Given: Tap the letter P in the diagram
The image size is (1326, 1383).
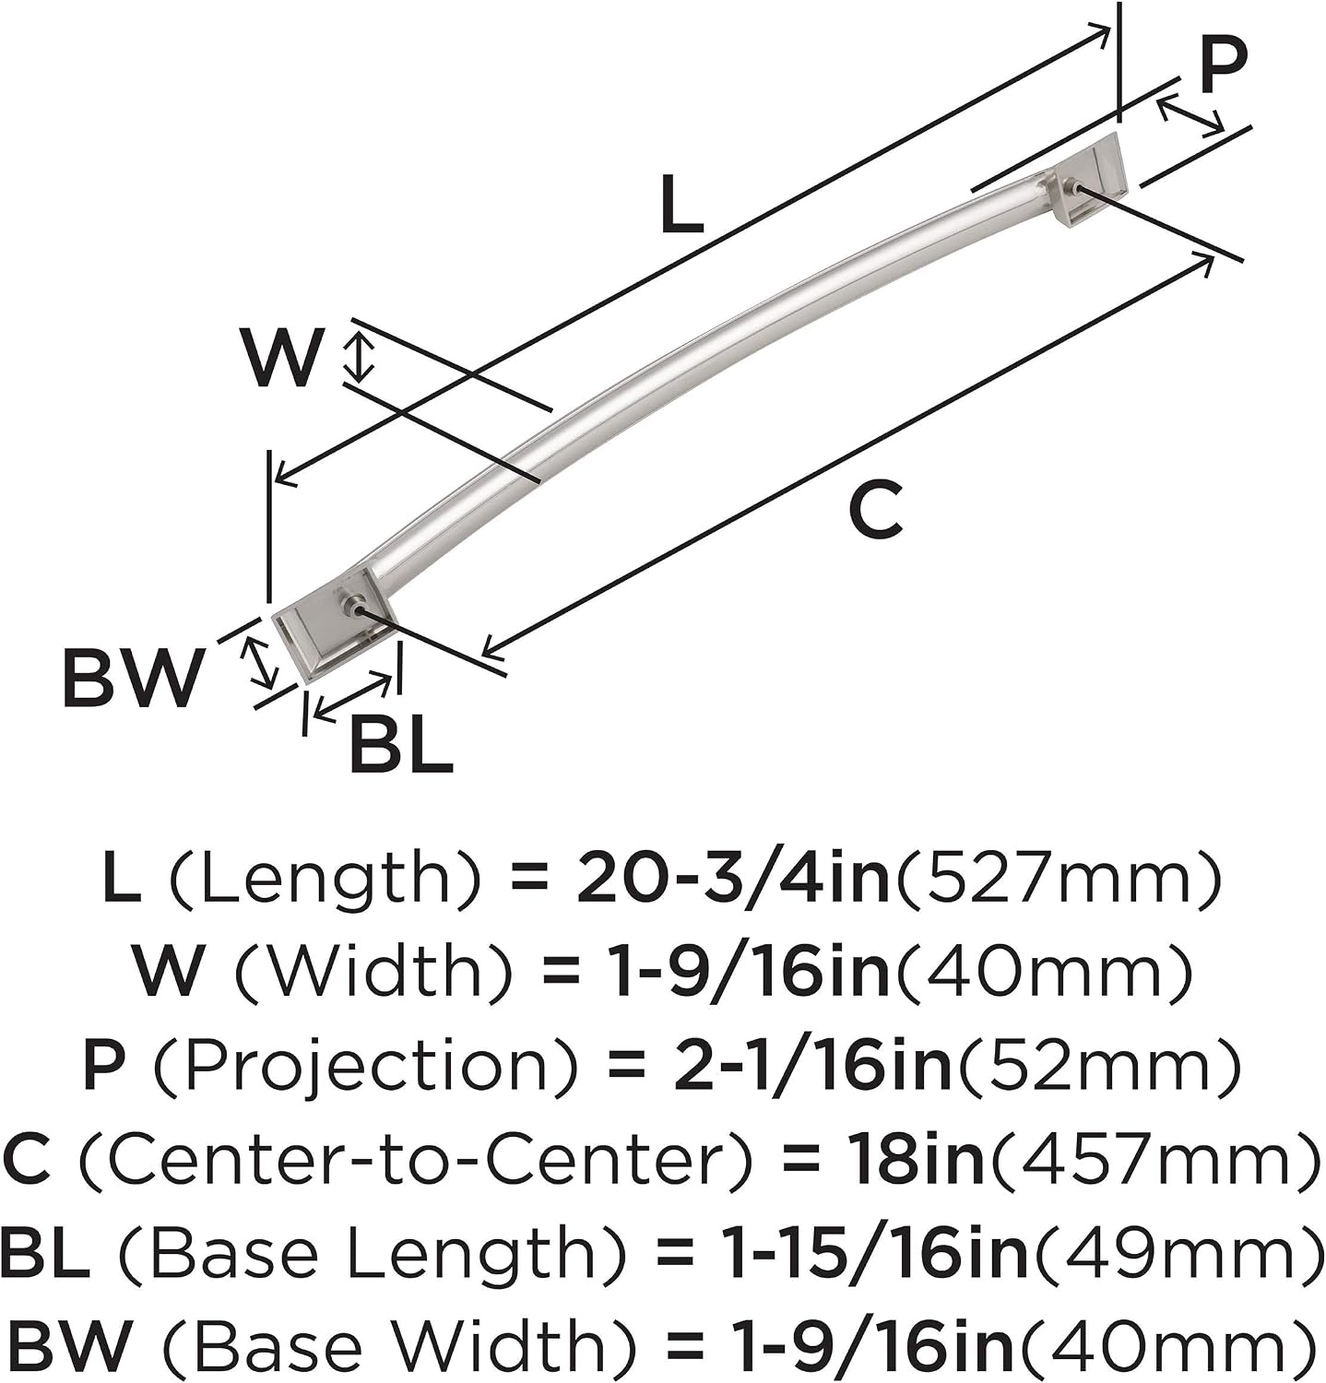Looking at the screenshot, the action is point(1223,65).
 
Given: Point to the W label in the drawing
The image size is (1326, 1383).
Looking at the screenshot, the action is point(282,356).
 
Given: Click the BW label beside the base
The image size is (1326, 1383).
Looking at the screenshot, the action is point(132,678).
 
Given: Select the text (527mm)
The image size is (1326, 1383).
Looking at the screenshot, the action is point(1060,878).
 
